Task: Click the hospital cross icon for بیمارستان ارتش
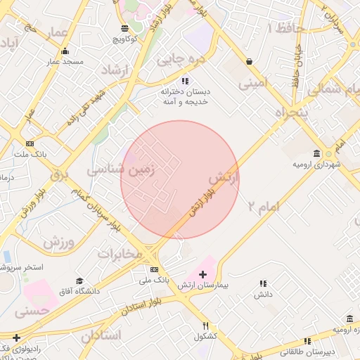(x=203, y=274)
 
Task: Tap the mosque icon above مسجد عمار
(x=65, y=51)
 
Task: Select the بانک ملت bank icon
(x=29, y=143)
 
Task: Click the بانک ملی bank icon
(x=154, y=269)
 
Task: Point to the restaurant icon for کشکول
(x=206, y=326)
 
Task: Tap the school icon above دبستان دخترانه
(x=185, y=81)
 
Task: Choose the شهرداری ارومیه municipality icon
(x=318, y=154)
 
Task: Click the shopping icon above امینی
(x=250, y=61)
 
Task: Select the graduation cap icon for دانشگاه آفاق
(x=79, y=280)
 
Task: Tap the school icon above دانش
(x=262, y=283)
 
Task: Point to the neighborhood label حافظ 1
(x=285, y=28)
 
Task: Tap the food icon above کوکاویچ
(x=125, y=28)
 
